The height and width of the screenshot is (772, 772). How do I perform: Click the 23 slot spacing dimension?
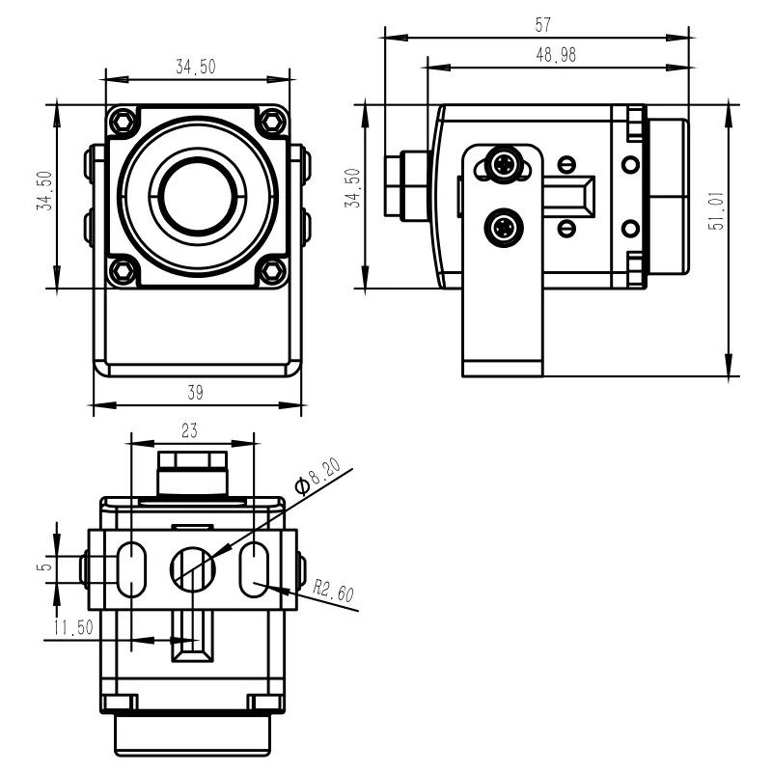click(x=190, y=428)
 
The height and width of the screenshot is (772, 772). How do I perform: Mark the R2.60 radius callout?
click(x=332, y=591)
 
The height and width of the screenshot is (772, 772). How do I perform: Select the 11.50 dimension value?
click(x=72, y=628)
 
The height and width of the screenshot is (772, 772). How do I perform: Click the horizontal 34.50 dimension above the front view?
click(x=195, y=67)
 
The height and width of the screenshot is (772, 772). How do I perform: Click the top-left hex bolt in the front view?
click(x=123, y=122)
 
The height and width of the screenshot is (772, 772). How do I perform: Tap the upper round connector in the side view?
click(x=504, y=164)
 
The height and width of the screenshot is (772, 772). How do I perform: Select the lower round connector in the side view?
click(x=504, y=229)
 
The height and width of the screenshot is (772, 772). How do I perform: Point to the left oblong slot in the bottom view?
click(x=130, y=569)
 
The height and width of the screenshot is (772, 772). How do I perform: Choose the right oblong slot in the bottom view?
click(x=254, y=569)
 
